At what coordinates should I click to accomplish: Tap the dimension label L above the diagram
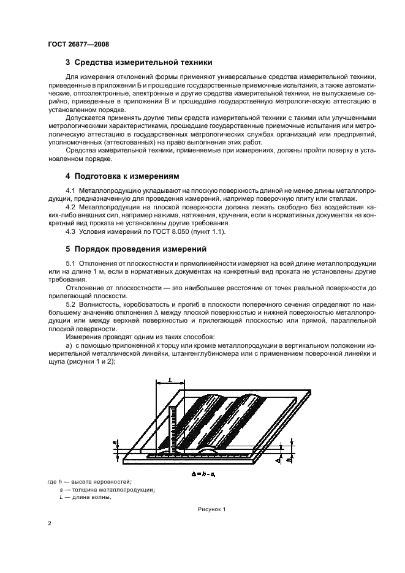pyautogui.click(x=169, y=380)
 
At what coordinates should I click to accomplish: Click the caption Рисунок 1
pyautogui.click(x=211, y=509)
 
